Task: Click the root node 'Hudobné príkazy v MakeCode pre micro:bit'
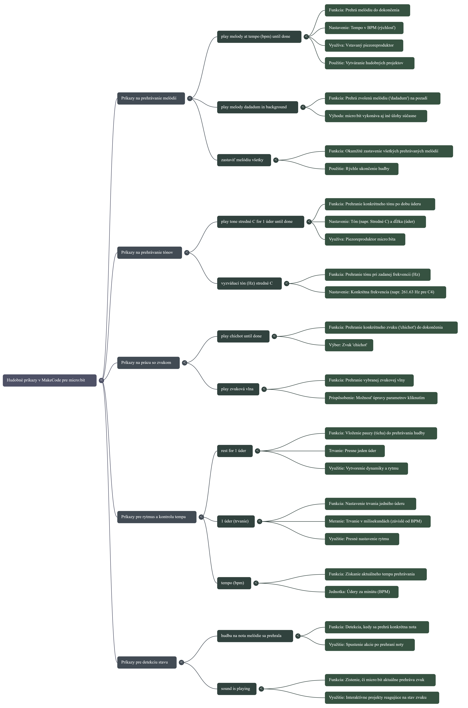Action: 50,380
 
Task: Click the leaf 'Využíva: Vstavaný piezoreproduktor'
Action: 364,45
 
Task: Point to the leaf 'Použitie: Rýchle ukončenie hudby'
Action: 361,169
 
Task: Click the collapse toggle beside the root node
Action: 101,380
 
